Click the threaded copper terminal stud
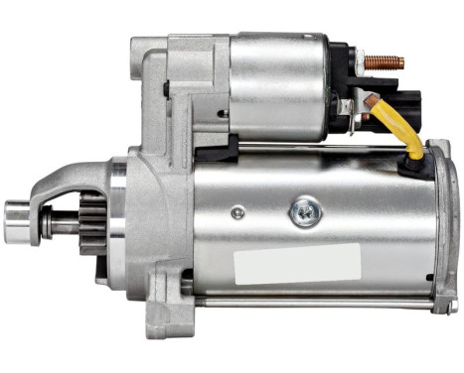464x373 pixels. (x=385, y=62)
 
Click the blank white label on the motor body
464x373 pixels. (x=296, y=262)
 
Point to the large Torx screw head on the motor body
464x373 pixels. (x=303, y=210)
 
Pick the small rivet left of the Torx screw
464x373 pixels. (x=236, y=212)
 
